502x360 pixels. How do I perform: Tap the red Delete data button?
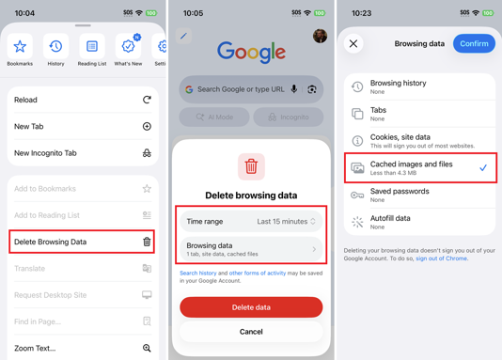click(251, 307)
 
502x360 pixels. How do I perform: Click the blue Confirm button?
click(474, 43)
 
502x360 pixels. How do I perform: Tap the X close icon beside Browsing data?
click(353, 43)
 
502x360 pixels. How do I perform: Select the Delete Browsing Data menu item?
click(83, 242)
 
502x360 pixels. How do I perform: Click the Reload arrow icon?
click(147, 100)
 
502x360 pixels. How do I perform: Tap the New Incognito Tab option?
click(83, 152)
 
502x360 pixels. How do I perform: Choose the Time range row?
click(251, 222)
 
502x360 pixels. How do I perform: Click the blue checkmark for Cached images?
click(483, 167)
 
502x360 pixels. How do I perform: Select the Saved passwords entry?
click(419, 195)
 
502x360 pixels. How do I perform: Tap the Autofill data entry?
click(419, 222)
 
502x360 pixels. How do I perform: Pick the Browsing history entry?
click(419, 86)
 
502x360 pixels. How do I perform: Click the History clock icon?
click(55, 47)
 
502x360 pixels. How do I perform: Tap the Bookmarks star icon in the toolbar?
click(20, 47)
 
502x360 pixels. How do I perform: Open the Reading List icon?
click(92, 47)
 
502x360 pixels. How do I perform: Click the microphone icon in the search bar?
click(294, 89)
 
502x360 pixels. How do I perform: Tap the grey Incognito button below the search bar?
click(289, 117)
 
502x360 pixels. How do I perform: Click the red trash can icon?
click(251, 166)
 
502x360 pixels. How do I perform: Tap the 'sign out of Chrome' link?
click(441, 258)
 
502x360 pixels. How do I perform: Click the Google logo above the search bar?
click(251, 52)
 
